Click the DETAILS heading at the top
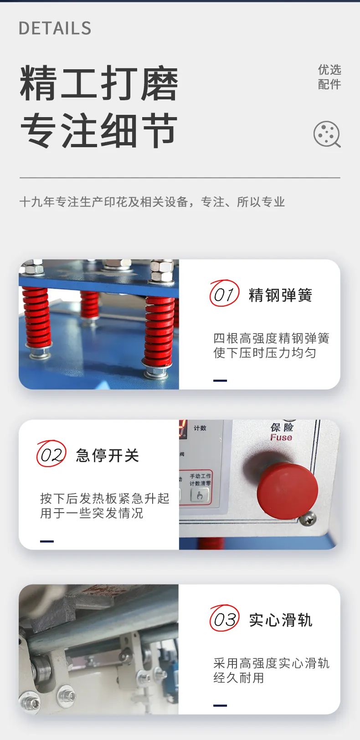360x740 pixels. [55, 28]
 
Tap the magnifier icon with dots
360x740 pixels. [327, 134]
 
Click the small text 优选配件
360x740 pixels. [329, 77]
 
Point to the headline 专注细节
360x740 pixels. [99, 130]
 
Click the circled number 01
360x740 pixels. [224, 293]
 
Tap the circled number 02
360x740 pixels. [51, 453]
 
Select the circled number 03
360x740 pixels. [224, 618]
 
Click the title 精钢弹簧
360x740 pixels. [280, 295]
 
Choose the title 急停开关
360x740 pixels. [108, 456]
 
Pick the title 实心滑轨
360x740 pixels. [280, 620]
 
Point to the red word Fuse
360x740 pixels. [281, 437]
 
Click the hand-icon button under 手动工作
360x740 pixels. [200, 495]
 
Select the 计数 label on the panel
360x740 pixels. [200, 428]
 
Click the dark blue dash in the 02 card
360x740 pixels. [47, 541]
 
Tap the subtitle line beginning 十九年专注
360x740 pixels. [152, 201]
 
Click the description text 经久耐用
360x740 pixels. [238, 678]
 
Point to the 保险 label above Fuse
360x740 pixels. [282, 427]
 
